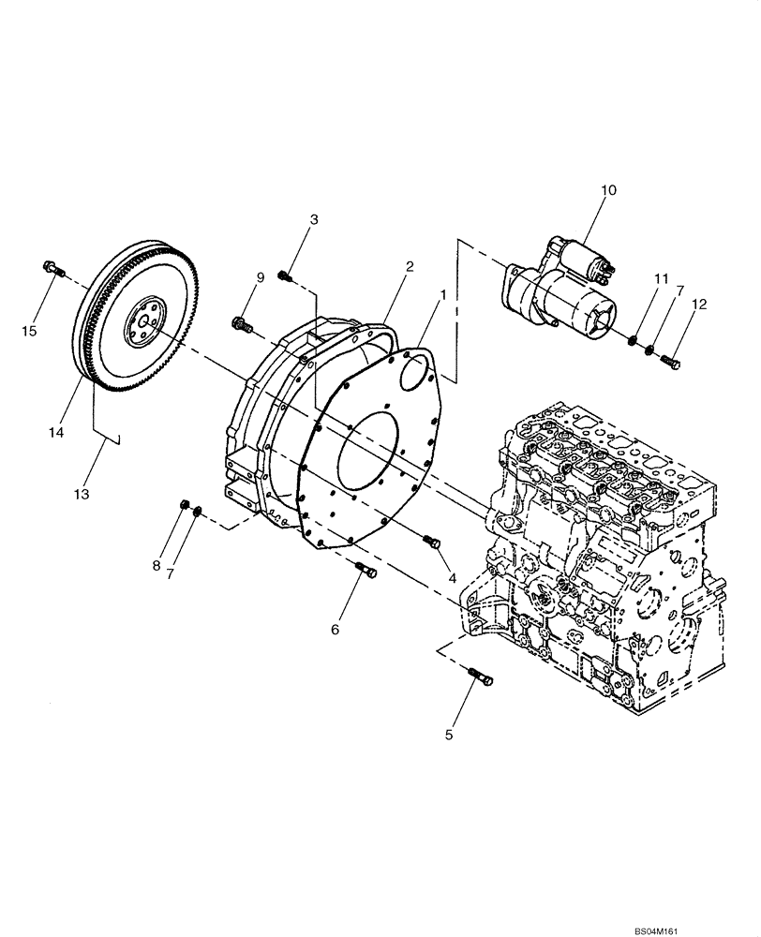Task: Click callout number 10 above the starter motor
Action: click(x=608, y=190)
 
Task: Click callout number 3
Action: click(x=314, y=219)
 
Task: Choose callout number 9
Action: click(x=261, y=277)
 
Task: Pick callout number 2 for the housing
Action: click(x=410, y=267)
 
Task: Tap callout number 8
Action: click(x=156, y=565)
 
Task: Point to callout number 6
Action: click(x=335, y=631)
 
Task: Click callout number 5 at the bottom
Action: click(x=449, y=736)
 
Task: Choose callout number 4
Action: click(x=452, y=579)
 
